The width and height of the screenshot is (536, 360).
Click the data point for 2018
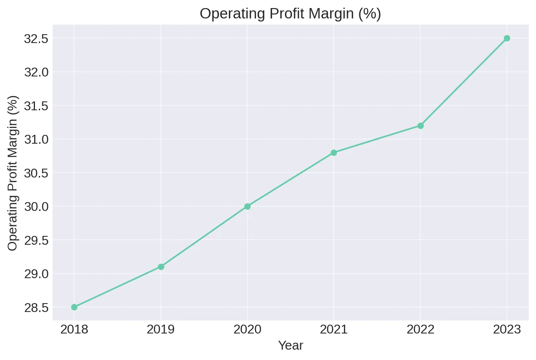74,307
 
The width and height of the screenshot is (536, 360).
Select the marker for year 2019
161,267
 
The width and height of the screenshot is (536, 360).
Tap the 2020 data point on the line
247,206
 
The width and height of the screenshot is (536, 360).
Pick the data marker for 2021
334,153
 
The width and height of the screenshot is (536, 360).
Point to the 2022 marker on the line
420,126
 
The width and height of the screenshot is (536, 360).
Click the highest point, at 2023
507,38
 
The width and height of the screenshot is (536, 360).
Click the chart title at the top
290,14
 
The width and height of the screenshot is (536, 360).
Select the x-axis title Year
291,345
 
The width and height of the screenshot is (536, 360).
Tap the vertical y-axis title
13,173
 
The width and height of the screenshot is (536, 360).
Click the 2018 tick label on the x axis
74,329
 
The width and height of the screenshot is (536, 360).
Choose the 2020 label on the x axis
247,329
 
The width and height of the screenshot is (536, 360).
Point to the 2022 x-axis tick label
420,329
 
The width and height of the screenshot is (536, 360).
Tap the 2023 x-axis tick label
507,329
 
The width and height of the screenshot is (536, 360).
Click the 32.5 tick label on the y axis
36,39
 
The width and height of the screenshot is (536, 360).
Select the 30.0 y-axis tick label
36,207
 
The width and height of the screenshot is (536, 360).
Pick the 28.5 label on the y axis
36,308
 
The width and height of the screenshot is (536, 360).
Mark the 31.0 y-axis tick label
36,139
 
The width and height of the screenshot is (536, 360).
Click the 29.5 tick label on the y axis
36,241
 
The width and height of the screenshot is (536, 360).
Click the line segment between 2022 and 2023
463,82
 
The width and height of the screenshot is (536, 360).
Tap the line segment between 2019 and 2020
204,237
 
